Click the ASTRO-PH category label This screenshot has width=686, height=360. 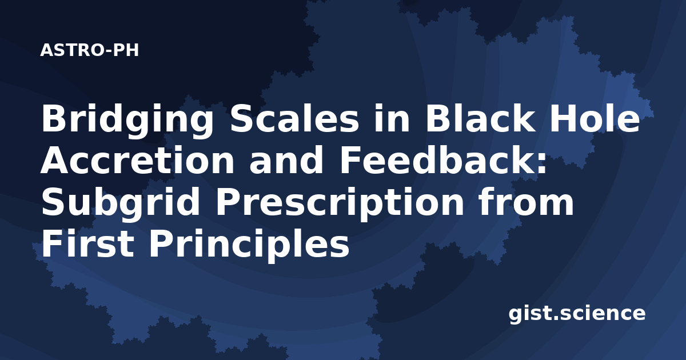coord(89,50)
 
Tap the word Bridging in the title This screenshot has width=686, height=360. coord(127,121)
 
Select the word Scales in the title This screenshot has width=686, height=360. coord(294,118)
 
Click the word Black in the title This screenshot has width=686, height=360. coord(479,117)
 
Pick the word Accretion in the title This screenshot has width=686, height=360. coord(137,160)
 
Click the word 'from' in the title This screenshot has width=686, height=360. coord(525,201)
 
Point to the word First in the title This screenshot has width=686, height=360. coord(88,244)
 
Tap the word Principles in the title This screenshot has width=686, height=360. coord(249,246)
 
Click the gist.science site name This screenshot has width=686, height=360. coord(577,314)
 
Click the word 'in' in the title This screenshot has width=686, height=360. coord(392,117)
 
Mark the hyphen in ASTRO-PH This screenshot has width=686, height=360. coord(109,51)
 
